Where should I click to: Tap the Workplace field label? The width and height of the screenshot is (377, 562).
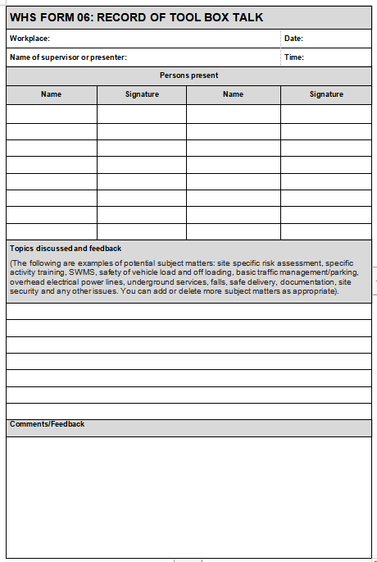[x=30, y=39]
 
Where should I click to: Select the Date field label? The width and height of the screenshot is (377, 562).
[x=293, y=39]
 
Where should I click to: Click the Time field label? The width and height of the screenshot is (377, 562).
[x=293, y=57]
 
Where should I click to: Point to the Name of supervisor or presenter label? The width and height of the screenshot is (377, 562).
[x=68, y=57]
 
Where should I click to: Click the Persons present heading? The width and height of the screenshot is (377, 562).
[x=188, y=75]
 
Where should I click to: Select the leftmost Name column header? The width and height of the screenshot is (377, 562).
[x=51, y=94]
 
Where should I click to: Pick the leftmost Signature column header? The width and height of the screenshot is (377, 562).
[x=142, y=94]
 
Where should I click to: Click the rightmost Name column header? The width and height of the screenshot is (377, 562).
[x=233, y=94]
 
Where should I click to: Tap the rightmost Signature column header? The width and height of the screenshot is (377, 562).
[x=326, y=94]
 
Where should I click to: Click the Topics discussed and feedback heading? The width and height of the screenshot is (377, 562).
[x=66, y=248]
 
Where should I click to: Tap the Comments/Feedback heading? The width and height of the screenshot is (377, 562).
[x=47, y=424]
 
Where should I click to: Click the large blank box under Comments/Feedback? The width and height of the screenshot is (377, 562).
[x=188, y=496]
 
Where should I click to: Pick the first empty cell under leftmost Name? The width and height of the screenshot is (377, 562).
[x=51, y=113]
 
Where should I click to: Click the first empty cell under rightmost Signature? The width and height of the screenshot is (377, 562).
[x=326, y=113]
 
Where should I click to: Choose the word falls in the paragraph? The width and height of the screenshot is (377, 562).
[x=219, y=281]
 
